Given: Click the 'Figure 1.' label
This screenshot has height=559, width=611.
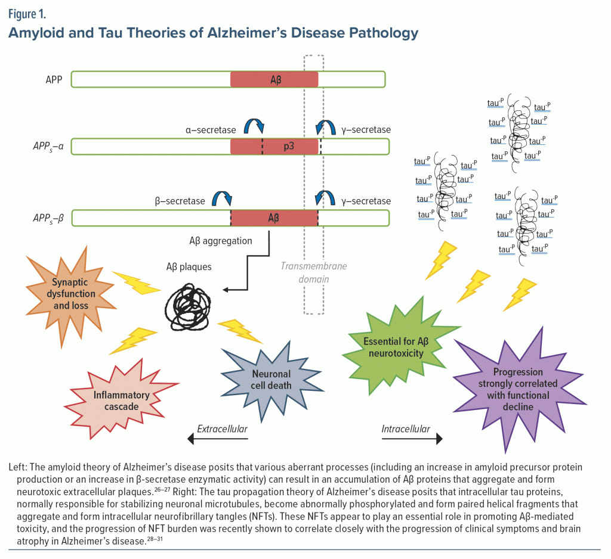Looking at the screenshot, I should (27, 14).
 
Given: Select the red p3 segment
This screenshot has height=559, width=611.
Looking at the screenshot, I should (276, 147).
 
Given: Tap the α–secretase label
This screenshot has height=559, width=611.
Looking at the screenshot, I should (210, 130).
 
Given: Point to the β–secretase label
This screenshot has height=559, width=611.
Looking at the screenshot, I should (178, 201).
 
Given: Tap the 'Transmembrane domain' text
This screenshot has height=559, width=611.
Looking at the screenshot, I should (313, 272).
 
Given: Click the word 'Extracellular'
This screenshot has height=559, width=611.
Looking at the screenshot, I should (222, 428).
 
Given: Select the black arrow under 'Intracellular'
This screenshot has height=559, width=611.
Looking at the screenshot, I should (412, 440).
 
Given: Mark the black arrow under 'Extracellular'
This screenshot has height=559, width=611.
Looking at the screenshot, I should (218, 440).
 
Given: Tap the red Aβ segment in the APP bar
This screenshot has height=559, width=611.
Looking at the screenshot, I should (274, 79).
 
